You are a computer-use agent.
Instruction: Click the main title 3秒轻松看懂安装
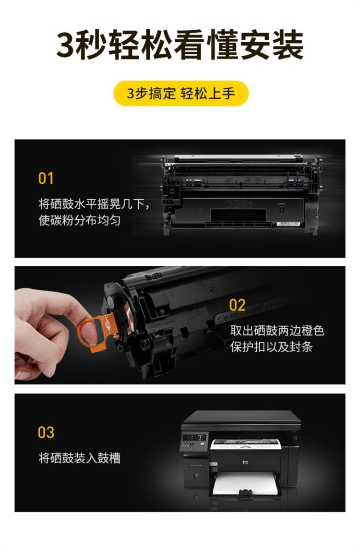tap(180, 45)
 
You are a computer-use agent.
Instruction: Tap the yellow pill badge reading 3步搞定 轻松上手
tap(181, 93)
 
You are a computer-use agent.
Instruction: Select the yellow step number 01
tap(46, 178)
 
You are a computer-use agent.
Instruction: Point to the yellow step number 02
tap(237, 305)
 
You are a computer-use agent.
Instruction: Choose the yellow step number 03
tap(46, 432)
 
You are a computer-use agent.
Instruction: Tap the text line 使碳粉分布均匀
tap(80, 220)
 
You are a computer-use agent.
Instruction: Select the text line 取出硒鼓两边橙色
tap(277, 330)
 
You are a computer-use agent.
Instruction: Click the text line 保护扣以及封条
tap(271, 346)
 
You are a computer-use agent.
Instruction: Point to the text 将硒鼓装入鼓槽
tap(80, 457)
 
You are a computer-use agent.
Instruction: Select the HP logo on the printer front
tap(245, 463)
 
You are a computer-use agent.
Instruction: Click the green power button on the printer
tap(197, 476)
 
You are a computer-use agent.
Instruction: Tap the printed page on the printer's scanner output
tap(246, 444)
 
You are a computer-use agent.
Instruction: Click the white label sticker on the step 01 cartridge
tap(288, 224)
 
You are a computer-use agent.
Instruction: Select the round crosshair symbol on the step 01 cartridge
tap(282, 209)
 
